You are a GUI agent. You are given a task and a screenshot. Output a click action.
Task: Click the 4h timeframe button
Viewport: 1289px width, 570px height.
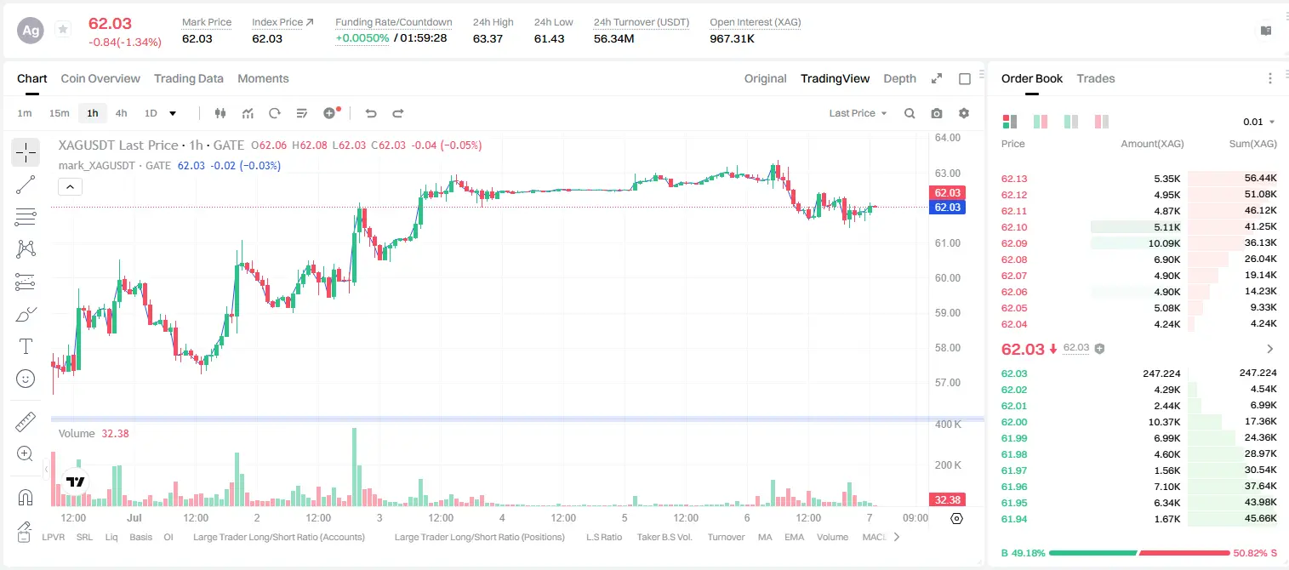point(121,113)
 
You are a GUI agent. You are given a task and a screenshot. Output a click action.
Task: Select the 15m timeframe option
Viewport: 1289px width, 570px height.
point(59,113)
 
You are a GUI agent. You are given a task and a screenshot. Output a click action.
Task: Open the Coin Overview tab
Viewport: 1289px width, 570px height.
point(100,78)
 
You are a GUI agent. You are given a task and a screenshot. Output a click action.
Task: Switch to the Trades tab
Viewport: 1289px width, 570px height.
point(1096,78)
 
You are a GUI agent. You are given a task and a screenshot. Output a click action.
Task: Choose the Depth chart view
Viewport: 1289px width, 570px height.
point(899,78)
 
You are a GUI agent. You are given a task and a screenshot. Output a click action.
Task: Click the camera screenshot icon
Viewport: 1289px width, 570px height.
point(937,113)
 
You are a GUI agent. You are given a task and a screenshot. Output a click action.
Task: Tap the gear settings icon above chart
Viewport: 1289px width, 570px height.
point(964,113)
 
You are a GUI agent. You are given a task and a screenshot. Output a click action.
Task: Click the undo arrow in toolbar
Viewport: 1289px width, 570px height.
point(371,113)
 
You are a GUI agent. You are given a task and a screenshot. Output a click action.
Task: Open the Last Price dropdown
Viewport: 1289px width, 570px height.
point(858,113)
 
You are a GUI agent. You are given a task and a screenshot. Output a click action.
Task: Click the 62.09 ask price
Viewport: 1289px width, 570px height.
point(1014,243)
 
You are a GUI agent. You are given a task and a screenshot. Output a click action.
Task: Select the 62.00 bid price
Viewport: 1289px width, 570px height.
point(1014,422)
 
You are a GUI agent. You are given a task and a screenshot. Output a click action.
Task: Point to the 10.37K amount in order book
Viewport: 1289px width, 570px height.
point(1164,422)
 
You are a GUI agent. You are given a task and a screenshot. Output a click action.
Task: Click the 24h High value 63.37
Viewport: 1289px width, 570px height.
point(488,38)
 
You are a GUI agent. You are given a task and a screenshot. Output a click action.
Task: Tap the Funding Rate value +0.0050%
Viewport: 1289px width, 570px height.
point(362,38)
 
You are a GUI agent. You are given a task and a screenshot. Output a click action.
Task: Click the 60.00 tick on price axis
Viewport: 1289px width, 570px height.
point(947,278)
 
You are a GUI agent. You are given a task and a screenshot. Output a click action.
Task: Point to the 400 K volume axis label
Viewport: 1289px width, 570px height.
point(948,425)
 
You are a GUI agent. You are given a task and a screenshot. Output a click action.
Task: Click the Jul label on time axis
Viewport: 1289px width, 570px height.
point(134,517)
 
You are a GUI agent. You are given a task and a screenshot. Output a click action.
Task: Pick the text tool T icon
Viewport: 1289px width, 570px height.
point(26,346)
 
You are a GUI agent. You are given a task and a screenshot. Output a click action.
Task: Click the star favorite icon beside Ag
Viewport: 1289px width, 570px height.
point(63,29)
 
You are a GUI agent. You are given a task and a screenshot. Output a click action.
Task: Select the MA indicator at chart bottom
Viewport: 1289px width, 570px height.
point(765,537)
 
